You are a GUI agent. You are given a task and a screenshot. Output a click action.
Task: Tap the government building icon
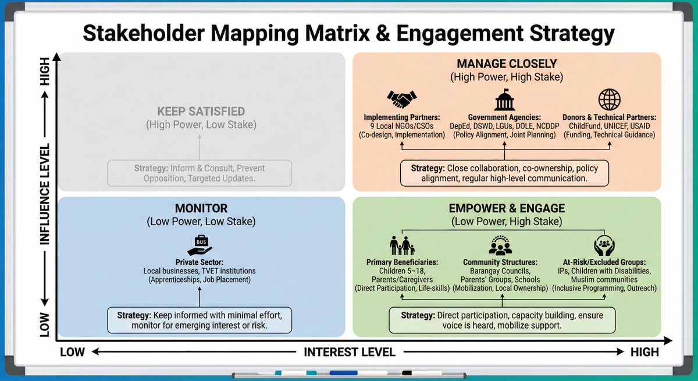pos(504,99)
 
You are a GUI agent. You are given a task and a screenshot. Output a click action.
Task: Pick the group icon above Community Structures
pos(500,246)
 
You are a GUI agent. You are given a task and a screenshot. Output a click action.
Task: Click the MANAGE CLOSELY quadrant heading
pos(507,64)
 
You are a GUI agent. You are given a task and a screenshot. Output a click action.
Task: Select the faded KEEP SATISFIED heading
pos(201,111)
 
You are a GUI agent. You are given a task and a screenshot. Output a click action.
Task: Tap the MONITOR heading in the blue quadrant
pos(201,208)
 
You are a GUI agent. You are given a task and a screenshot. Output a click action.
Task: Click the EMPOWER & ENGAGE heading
pos(507,208)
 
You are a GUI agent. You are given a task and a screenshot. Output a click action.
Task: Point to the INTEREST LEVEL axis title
pos(349,352)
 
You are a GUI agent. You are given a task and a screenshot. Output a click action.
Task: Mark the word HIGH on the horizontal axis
pos(644,352)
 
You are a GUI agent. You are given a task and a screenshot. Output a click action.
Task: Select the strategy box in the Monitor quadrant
pos(200,321)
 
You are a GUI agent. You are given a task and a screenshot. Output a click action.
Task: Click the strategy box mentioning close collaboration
pos(504,173)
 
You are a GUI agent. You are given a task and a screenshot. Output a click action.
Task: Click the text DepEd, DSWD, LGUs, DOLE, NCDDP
pos(504,126)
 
